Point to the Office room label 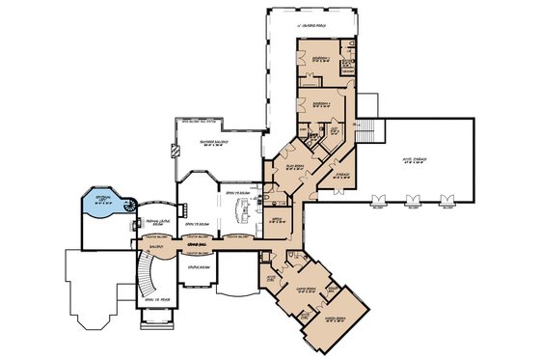click(275, 221)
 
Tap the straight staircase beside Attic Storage click(364, 131)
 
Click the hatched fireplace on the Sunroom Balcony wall click(175, 151)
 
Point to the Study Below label click(199, 264)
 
